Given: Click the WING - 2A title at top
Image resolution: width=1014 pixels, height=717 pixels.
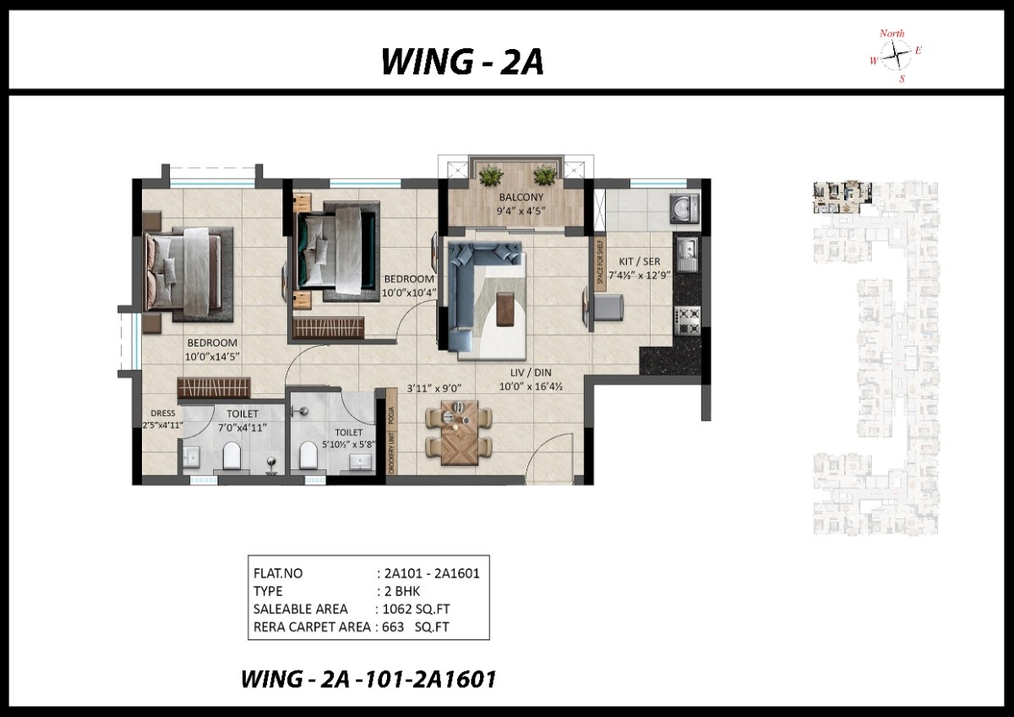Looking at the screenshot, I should (461, 62).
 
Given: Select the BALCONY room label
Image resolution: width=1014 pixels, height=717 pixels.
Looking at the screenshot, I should (515, 198).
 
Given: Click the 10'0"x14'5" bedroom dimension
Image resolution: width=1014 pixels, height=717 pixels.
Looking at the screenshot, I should (213, 357).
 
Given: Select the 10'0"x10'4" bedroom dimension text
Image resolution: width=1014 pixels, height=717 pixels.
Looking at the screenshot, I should (409, 293).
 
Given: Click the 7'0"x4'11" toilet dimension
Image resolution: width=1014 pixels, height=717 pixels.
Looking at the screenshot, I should (242, 427).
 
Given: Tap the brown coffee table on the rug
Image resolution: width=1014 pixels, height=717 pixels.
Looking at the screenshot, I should (506, 307).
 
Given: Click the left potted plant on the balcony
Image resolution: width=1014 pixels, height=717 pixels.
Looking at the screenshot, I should (489, 176).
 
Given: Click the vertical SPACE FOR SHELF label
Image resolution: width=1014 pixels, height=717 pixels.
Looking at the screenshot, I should (600, 264).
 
